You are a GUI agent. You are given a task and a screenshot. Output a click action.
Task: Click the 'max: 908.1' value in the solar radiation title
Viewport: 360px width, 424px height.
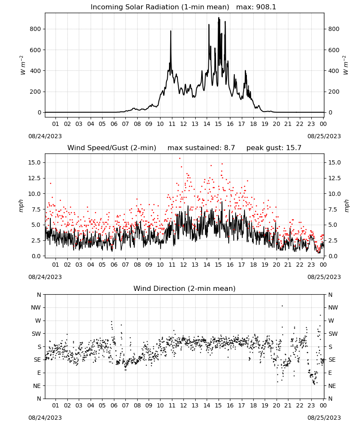[x=256, y=7]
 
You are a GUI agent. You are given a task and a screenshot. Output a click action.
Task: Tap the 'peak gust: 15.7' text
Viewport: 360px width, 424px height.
[x=274, y=148]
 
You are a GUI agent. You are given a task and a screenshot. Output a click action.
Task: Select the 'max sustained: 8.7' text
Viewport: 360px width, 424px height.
[x=201, y=148]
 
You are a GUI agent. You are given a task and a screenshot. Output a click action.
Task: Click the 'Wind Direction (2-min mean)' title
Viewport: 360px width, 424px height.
[x=185, y=288]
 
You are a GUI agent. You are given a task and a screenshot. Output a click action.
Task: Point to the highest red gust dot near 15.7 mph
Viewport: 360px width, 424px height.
[x=180, y=159]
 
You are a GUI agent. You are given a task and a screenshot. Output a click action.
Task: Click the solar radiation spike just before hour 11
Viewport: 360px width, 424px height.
[x=171, y=31]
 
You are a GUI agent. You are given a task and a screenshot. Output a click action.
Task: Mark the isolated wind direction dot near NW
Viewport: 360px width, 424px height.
[x=282, y=306]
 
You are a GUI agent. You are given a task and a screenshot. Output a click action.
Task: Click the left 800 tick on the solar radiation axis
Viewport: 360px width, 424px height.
[x=36, y=29]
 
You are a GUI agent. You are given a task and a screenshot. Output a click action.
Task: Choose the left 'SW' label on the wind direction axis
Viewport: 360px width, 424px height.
[x=36, y=334]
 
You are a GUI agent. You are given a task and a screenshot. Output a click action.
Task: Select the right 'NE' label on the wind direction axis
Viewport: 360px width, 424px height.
[x=332, y=386]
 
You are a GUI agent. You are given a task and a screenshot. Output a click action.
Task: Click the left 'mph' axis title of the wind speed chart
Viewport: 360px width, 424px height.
[x=21, y=206]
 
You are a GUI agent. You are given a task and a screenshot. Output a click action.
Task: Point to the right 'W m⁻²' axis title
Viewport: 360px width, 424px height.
[x=346, y=65]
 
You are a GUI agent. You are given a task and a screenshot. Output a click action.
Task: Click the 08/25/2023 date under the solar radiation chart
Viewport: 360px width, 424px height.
[x=324, y=136]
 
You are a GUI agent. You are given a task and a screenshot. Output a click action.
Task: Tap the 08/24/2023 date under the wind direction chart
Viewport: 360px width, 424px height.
[x=45, y=418]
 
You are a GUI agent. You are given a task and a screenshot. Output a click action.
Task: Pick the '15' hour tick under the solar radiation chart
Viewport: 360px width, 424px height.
[x=218, y=124]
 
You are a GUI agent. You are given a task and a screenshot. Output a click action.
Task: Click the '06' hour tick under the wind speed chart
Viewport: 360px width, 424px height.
[x=114, y=265]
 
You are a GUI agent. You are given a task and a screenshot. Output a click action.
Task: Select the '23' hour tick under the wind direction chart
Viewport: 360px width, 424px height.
[x=311, y=405]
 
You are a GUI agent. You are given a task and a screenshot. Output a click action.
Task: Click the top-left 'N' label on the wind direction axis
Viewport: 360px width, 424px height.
[x=39, y=295]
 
